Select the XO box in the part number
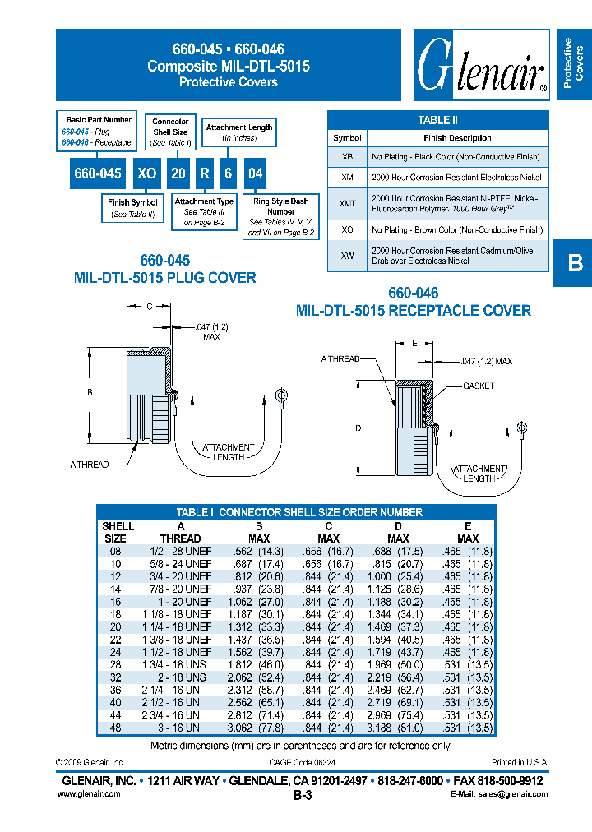tap(147, 173)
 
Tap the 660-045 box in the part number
tap(98, 173)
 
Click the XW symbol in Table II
tap(347, 256)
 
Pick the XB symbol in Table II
tap(347, 156)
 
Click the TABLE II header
tap(437, 120)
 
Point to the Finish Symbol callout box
tap(132, 208)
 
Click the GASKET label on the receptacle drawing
tap(478, 386)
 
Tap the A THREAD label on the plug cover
tap(89, 465)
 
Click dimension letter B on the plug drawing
tap(90, 393)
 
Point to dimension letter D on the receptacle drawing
tap(358, 428)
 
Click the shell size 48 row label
tap(114, 728)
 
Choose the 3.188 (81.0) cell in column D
tap(399, 728)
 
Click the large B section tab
tap(574, 263)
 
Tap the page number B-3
tap(302, 796)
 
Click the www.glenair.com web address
tap(89, 794)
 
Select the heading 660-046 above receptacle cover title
tap(413, 293)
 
